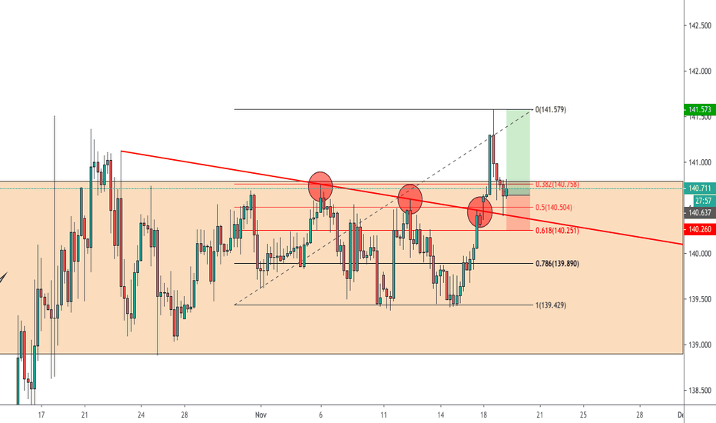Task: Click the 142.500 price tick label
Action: click(699, 26)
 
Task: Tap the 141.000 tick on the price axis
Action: click(699, 162)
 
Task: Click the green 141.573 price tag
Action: click(699, 111)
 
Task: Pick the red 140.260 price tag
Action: click(699, 229)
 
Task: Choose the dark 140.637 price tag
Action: click(699, 212)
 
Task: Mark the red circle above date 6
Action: click(320, 185)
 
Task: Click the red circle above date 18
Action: click(480, 210)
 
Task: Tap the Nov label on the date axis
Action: click(260, 414)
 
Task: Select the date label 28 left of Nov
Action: click(184, 414)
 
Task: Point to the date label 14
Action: click(441, 414)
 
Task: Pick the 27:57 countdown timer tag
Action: click(699, 200)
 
